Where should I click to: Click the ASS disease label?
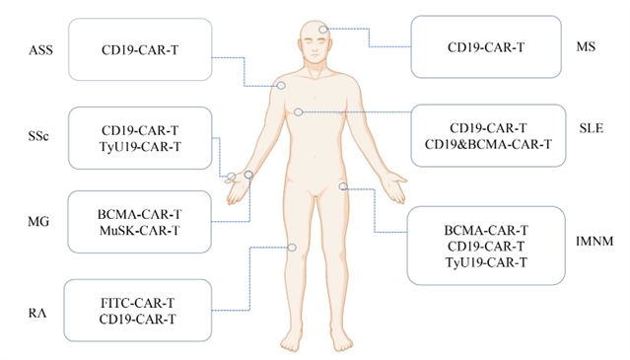[40, 50]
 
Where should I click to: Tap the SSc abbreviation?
[38, 136]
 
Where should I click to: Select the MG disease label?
[38, 221]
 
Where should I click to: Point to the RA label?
[37, 313]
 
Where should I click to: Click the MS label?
[586, 46]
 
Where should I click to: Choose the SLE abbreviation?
[591, 128]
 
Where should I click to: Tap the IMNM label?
[595, 241]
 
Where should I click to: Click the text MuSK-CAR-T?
[139, 231]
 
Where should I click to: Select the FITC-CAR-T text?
[137, 303]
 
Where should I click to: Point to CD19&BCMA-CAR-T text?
[488, 144]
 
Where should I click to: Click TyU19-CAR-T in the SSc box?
[140, 147]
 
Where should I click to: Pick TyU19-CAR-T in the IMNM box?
[486, 262]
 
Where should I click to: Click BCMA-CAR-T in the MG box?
[139, 214]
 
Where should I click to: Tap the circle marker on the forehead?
[323, 30]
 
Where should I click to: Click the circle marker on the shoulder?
[281, 86]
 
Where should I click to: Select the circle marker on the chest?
[298, 112]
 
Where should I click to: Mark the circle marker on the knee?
[292, 248]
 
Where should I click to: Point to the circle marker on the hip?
[343, 186]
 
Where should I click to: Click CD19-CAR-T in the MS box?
[486, 47]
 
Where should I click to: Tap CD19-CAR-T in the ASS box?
[140, 50]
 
